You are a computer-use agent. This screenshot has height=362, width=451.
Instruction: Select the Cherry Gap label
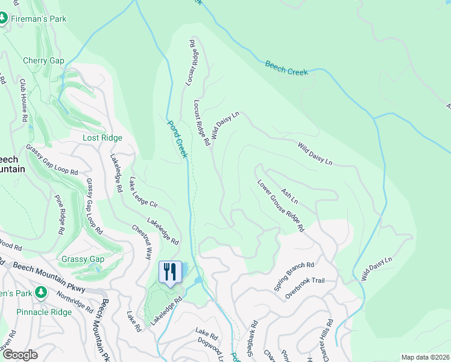point(43,60)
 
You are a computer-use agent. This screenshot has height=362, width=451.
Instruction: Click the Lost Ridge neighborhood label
point(102,138)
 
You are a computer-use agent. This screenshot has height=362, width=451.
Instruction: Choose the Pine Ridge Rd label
point(61,214)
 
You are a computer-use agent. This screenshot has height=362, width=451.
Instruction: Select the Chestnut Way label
point(142,241)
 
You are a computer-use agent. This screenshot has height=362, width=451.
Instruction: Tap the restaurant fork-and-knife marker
point(170,271)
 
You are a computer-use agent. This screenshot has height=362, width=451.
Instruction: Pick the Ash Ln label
point(289,196)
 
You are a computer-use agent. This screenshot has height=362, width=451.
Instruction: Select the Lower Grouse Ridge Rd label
point(280,206)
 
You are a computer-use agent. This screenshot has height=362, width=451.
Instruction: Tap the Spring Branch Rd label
point(294,276)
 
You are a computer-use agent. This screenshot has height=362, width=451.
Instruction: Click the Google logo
point(19,355)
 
